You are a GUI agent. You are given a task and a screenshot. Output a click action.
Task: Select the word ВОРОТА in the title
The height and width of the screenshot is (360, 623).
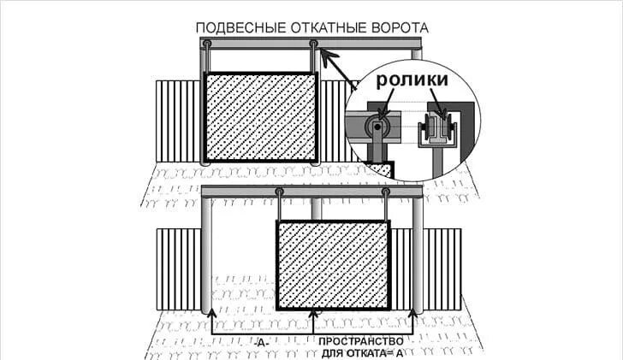click(400, 27)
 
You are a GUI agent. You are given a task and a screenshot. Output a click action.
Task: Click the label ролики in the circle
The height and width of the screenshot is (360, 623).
click(412, 80)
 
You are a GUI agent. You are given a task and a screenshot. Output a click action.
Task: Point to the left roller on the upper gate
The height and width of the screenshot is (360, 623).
click(206, 43)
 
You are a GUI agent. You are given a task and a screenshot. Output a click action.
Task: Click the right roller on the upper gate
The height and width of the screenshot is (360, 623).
click(313, 43)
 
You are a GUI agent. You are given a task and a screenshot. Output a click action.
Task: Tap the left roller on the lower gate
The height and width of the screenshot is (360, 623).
click(279, 192)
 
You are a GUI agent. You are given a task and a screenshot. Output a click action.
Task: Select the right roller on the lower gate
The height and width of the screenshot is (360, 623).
click(385, 192)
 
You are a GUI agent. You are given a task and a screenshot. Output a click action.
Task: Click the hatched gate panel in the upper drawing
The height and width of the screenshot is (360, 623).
click(260, 116)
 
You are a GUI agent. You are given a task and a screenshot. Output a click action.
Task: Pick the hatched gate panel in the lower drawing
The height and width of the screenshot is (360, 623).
click(334, 265)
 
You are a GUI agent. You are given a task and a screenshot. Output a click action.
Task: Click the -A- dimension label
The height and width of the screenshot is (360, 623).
click(261, 343)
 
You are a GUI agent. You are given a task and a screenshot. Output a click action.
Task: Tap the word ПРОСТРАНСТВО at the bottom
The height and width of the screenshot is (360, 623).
click(361, 341)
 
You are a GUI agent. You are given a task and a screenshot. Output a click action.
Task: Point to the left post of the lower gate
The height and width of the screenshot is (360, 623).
click(206, 255)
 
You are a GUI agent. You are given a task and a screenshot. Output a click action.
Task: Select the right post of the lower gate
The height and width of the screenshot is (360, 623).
click(418, 255)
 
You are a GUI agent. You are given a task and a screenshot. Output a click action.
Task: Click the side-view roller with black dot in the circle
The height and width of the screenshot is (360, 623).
click(378, 127)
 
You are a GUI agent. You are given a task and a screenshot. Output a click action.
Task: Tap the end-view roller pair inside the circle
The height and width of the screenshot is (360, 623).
click(437, 127)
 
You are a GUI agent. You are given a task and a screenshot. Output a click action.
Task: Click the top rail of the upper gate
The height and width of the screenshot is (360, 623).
click(311, 44)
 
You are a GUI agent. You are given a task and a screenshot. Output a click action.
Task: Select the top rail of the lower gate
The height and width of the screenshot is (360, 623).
click(312, 192)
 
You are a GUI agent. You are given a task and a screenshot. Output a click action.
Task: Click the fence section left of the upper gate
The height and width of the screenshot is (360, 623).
click(178, 121)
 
